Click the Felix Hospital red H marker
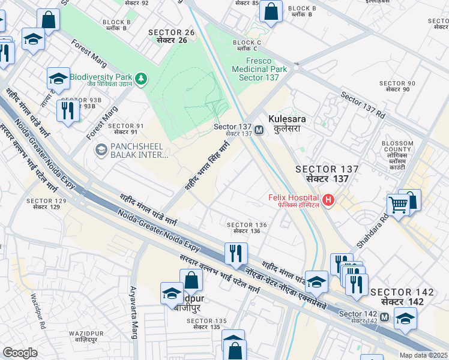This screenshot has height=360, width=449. pyautogui.click(x=328, y=200)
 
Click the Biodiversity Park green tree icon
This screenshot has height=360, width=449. pyautogui.click(x=141, y=78)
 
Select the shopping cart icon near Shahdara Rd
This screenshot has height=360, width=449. pyautogui.click(x=398, y=205)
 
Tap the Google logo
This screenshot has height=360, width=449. pyautogui.click(x=20, y=353)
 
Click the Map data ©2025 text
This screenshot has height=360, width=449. pyautogui.click(x=424, y=355)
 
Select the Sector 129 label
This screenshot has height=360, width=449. pyautogui.click(x=46, y=203)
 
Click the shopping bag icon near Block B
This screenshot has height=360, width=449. pyautogui.click(x=271, y=11)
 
